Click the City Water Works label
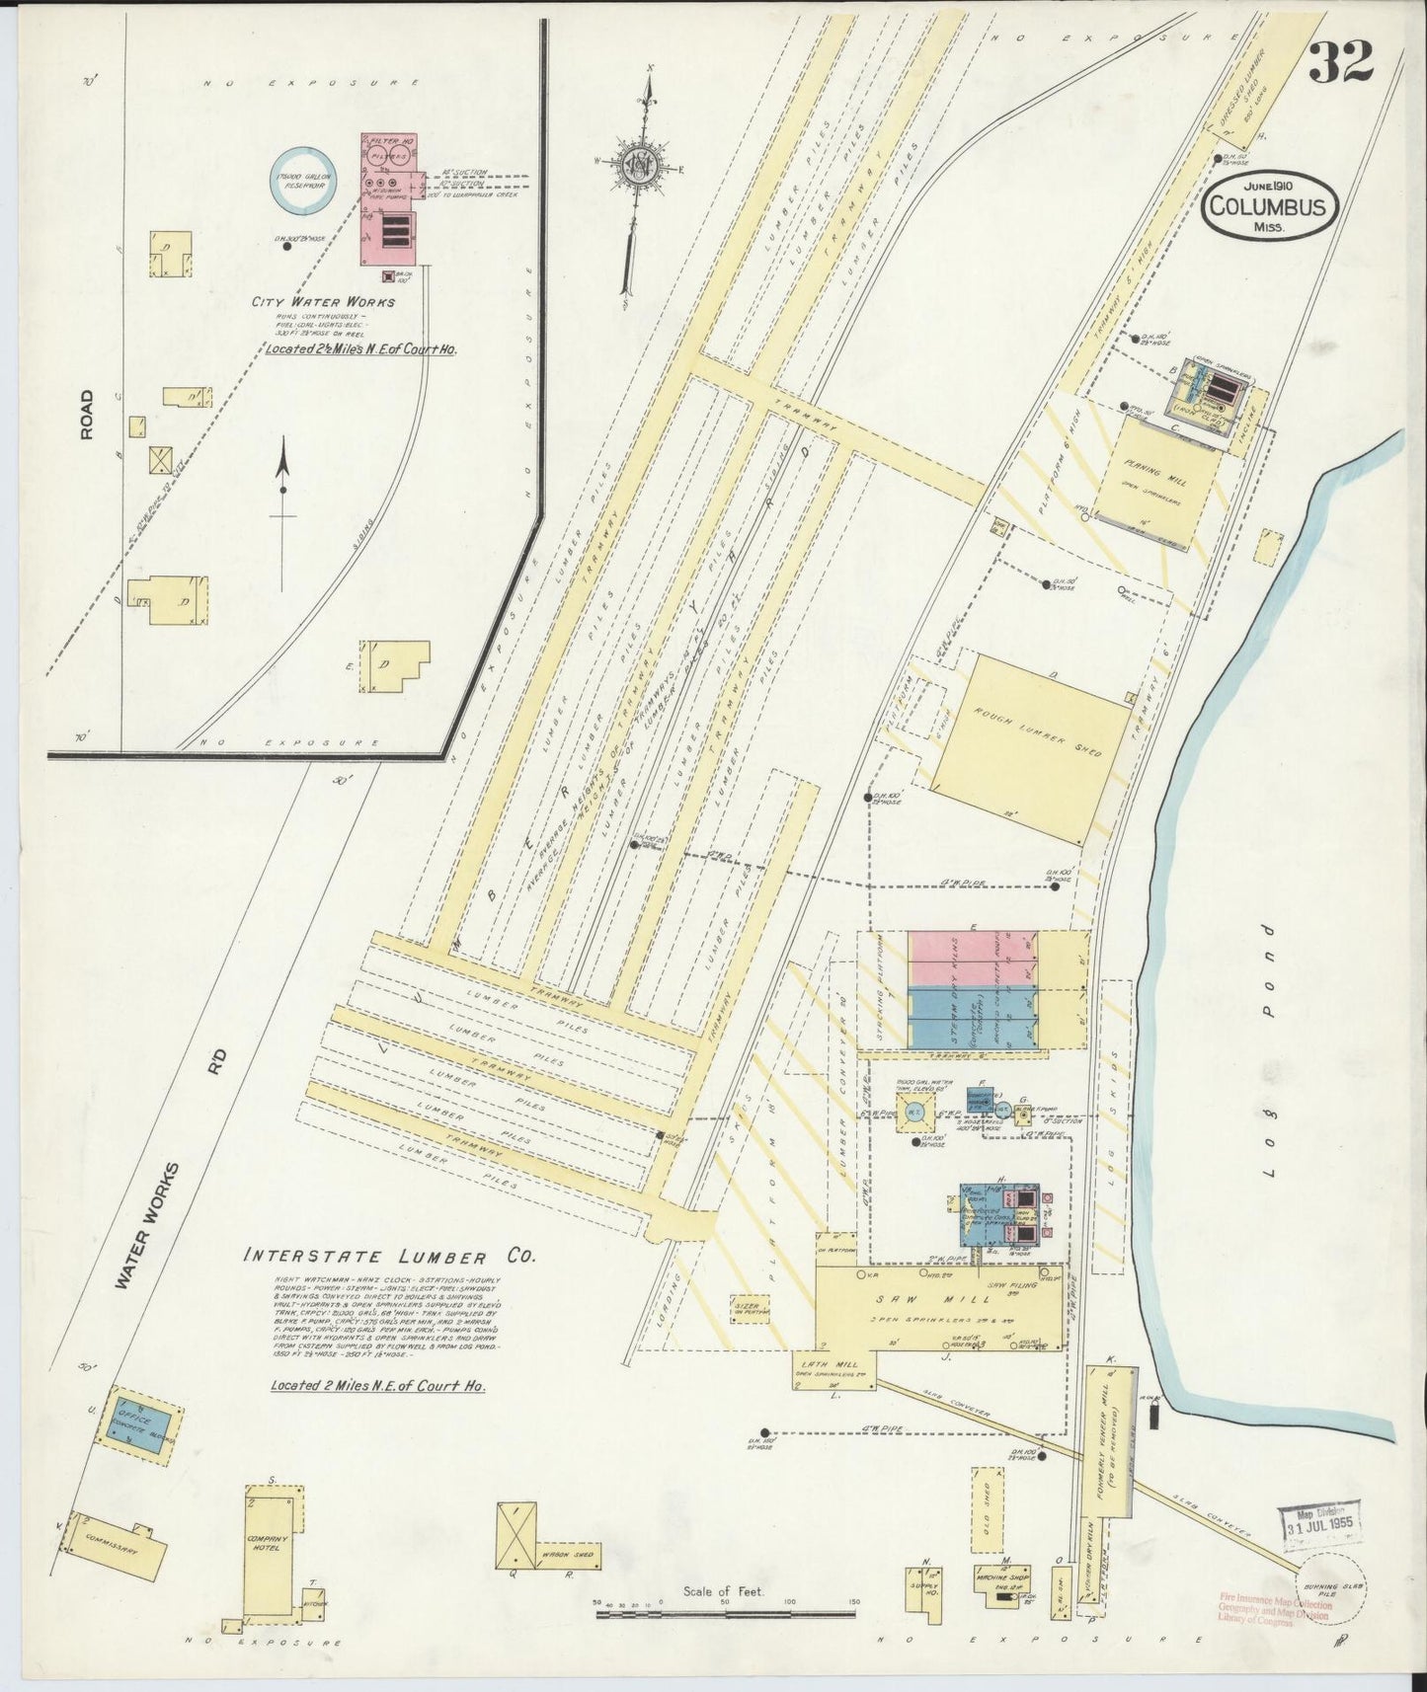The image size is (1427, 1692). tap(323, 302)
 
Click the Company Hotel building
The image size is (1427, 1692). tap(270, 1562)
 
